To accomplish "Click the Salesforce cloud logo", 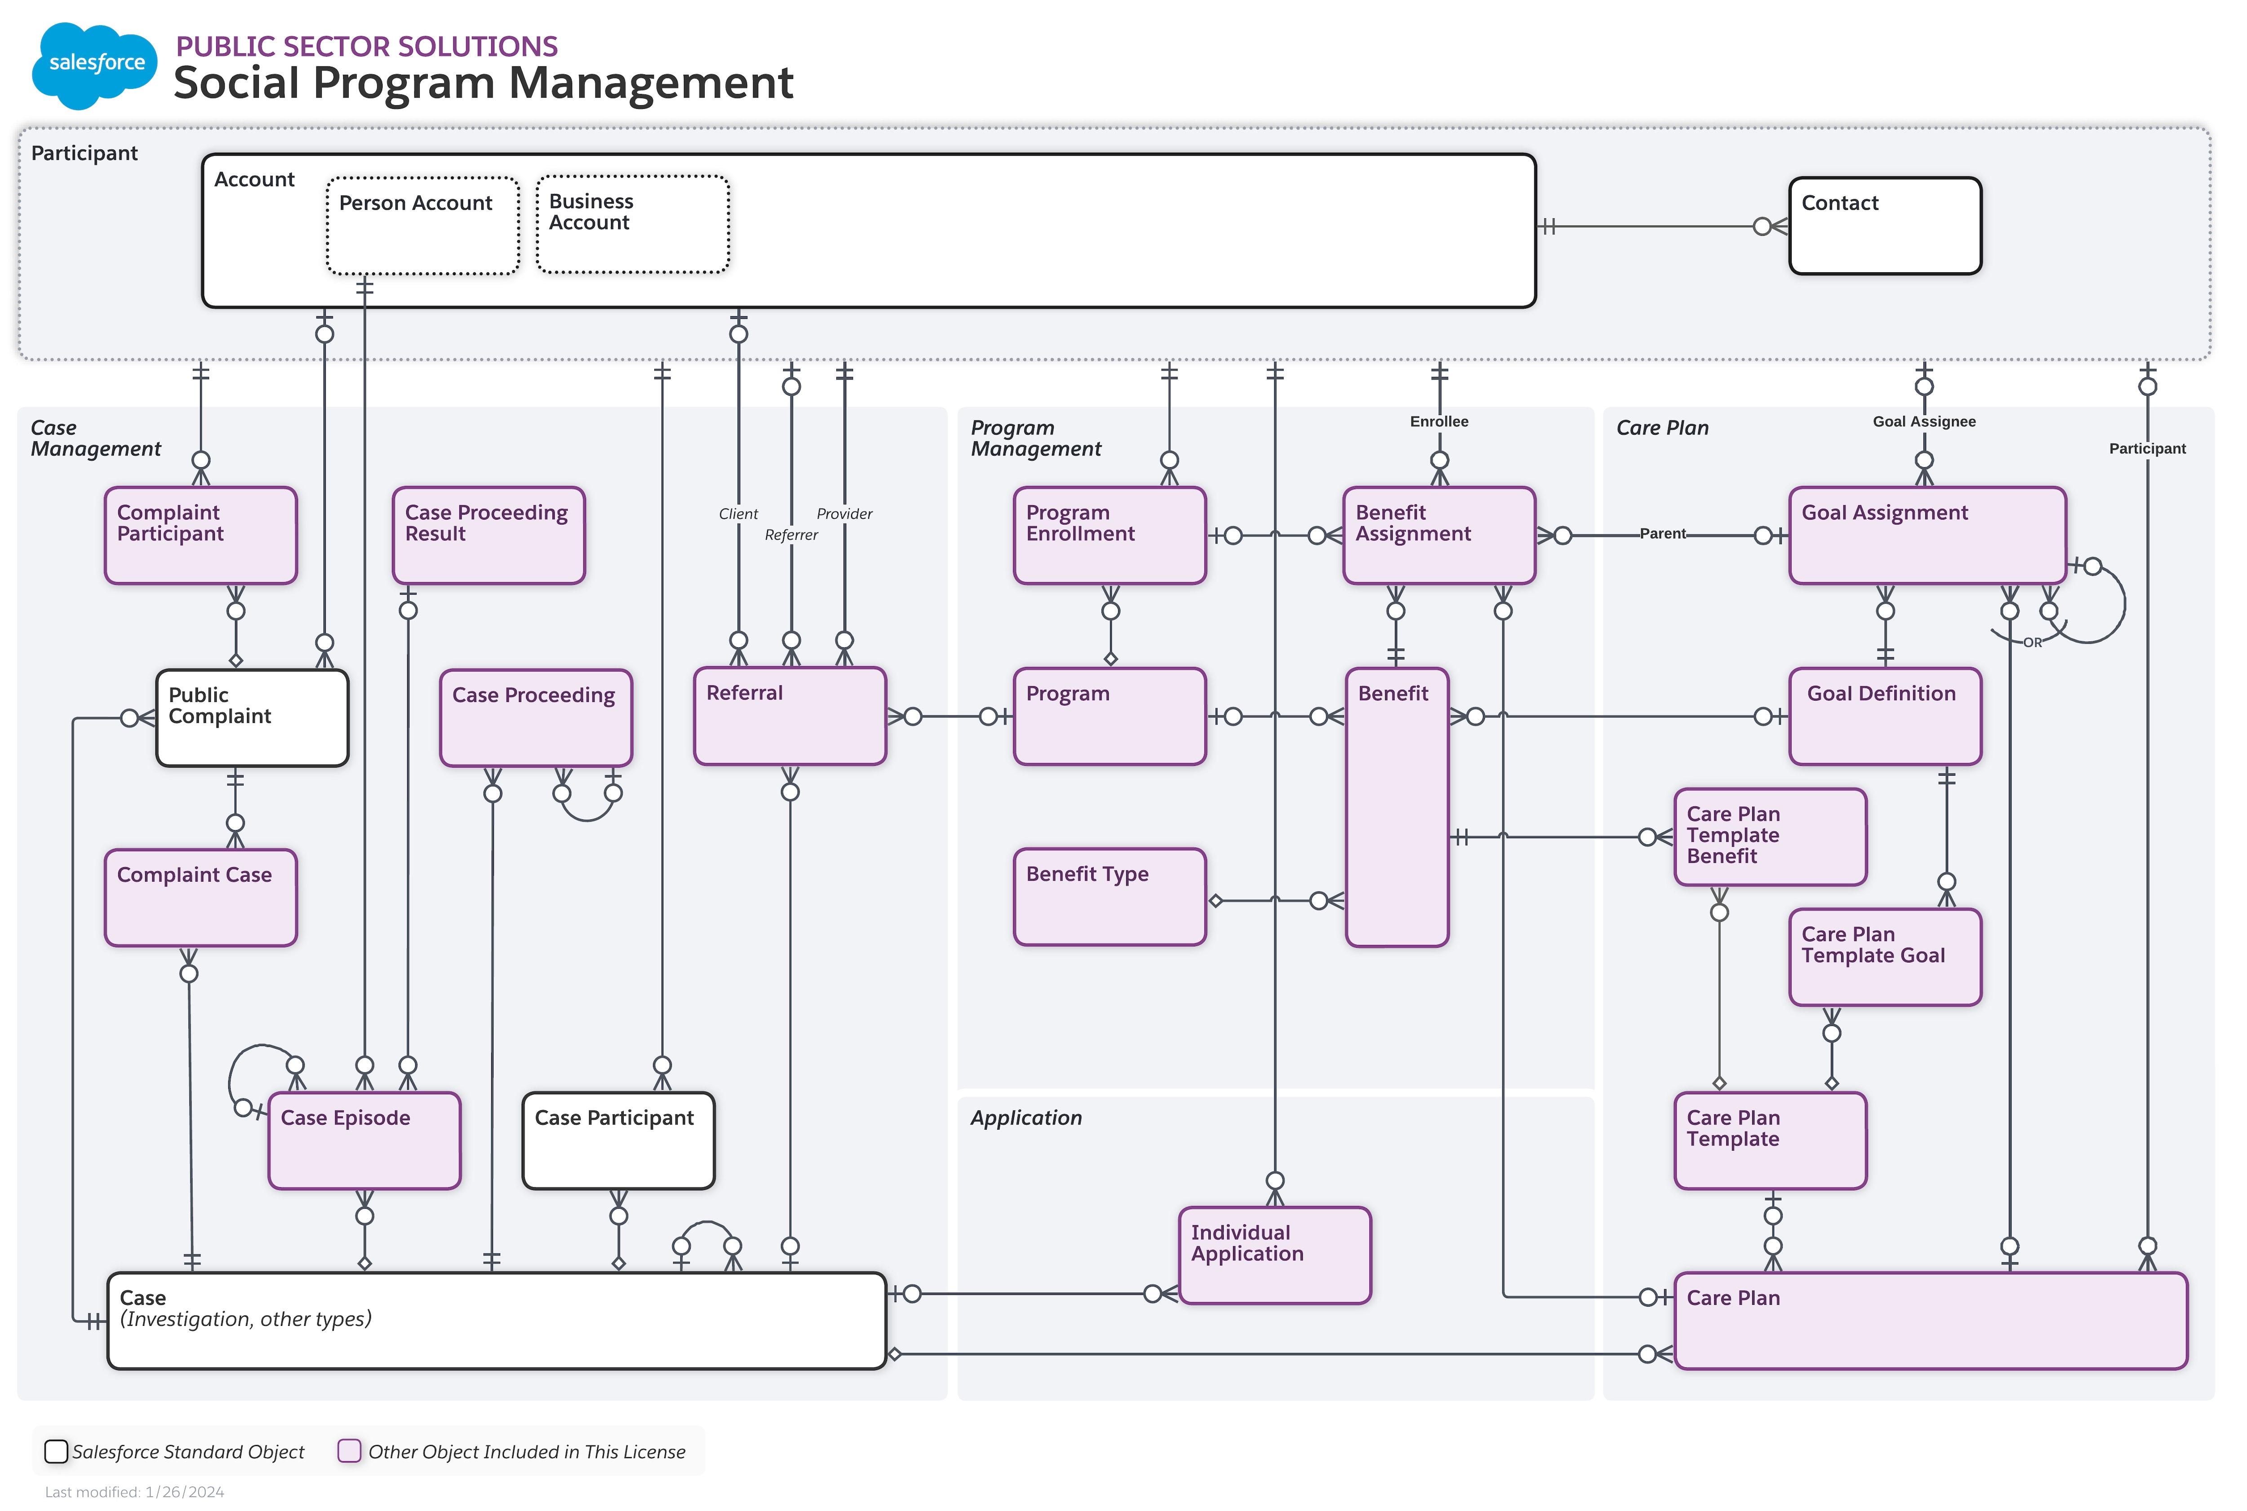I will [94, 64].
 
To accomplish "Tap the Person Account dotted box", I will [422, 226].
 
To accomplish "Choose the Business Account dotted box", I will [632, 225].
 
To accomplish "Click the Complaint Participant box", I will [200, 536].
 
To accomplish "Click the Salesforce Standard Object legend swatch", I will [56, 1451].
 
